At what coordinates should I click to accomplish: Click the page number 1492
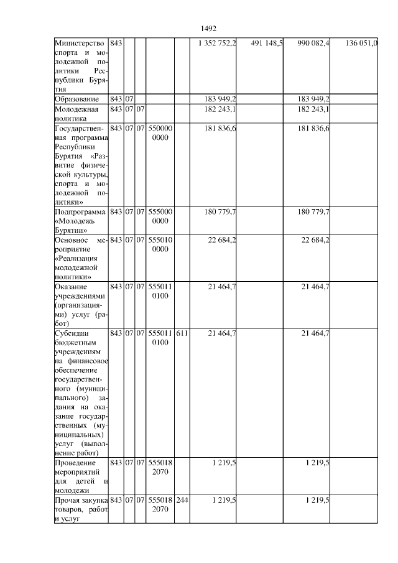click(x=209, y=29)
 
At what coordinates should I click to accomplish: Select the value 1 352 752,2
click(x=216, y=43)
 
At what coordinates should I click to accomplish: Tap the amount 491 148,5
click(x=266, y=43)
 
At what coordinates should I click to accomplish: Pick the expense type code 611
click(x=181, y=334)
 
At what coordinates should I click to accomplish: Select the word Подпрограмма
click(x=80, y=212)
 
